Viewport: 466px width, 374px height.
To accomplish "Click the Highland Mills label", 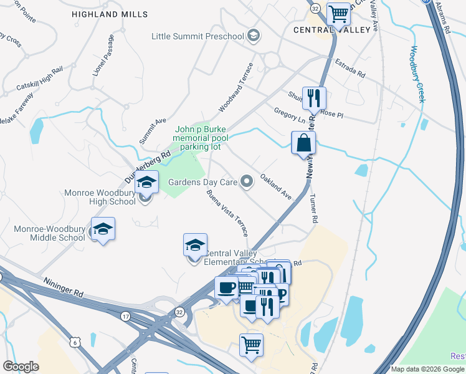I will click(110, 14).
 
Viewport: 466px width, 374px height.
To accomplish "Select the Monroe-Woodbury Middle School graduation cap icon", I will click(103, 229).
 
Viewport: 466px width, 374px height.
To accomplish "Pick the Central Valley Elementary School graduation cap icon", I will click(195, 245).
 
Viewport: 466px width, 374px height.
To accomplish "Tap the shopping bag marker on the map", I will click(303, 143).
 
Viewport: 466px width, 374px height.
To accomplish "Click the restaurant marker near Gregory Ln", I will click(313, 98).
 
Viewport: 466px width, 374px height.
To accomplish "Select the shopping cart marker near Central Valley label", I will click(338, 13).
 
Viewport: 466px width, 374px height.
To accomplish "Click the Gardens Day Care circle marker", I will click(247, 182).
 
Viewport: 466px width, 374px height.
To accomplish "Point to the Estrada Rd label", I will click(350, 69).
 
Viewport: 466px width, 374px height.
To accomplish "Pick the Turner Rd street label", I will click(313, 208).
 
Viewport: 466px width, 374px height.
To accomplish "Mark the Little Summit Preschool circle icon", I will click(253, 36).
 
